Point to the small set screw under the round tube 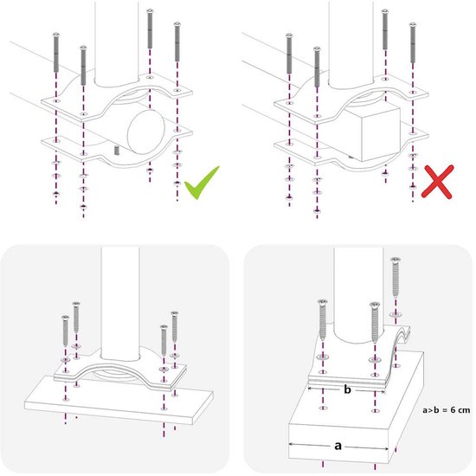click(x=116, y=151)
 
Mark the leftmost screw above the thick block click(x=323, y=325)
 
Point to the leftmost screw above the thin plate click(x=64, y=332)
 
